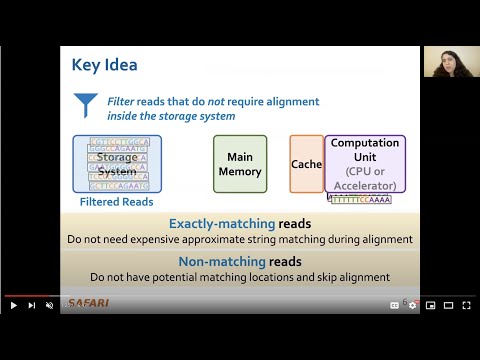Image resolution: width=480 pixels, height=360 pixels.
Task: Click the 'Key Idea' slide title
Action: (x=104, y=65)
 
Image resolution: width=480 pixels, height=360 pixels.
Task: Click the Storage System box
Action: (x=117, y=164)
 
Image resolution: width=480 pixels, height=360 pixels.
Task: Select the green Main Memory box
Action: (x=240, y=164)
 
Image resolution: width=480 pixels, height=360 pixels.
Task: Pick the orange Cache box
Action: (x=306, y=164)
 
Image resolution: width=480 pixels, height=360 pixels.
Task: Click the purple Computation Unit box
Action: (x=364, y=164)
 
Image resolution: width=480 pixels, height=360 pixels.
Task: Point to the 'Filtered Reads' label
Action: (x=116, y=201)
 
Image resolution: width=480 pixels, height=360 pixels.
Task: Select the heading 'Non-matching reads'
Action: (x=239, y=261)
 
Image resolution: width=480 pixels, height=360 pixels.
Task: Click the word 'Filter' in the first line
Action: (x=124, y=101)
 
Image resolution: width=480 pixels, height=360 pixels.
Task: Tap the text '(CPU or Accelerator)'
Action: (x=364, y=178)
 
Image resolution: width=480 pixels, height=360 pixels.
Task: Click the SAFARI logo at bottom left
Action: (x=88, y=304)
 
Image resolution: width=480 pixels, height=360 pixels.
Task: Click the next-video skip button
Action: (x=32, y=305)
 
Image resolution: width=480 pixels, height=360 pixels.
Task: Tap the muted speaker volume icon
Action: (x=50, y=305)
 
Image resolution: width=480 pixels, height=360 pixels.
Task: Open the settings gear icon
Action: (x=412, y=305)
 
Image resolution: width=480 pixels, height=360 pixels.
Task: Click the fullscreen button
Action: (x=466, y=305)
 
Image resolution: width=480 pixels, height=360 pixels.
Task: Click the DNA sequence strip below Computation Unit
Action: (x=359, y=199)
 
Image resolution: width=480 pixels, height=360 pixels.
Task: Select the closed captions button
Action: (x=394, y=305)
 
